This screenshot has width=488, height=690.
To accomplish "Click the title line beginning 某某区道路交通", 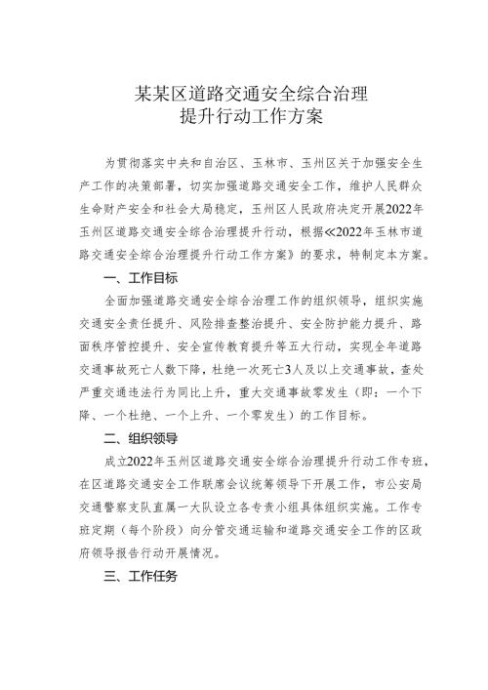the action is (243, 95).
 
